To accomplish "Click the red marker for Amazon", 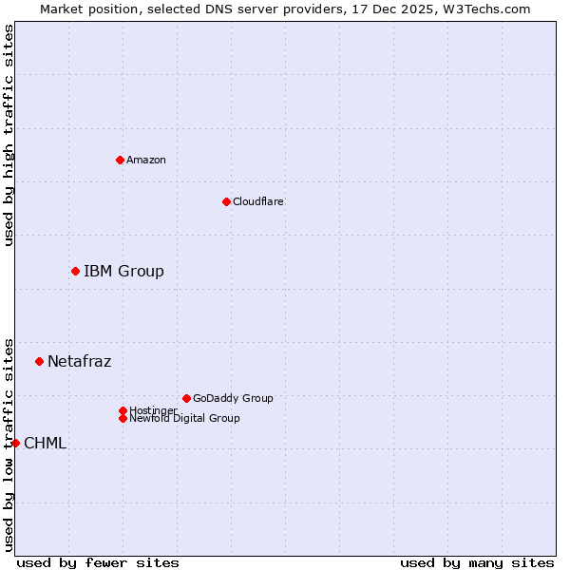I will pyautogui.click(x=120, y=160).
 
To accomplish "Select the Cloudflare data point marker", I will pyautogui.click(x=226, y=201).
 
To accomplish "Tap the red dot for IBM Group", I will pyautogui.click(x=75, y=271).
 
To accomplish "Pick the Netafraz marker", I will pyautogui.click(x=39, y=361).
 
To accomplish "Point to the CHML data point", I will pyautogui.click(x=15, y=443).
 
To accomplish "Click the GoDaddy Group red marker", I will pyautogui.click(x=186, y=398).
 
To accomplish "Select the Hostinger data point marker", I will pyautogui.click(x=123, y=410).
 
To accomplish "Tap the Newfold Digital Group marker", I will pyautogui.click(x=123, y=418).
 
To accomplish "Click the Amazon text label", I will pyautogui.click(x=145, y=160).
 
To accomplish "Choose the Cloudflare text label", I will pyautogui.click(x=257, y=201).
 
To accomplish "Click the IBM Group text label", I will pyautogui.click(x=123, y=271).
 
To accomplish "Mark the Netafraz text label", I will pyautogui.click(x=79, y=361).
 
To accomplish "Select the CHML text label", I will pyautogui.click(x=45, y=443).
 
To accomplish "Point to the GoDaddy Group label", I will pyautogui.click(x=233, y=398).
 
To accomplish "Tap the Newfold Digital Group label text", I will pyautogui.click(x=184, y=418).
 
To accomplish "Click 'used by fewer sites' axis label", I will pyautogui.click(x=98, y=562).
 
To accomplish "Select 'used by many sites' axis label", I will pyautogui.click(x=477, y=562).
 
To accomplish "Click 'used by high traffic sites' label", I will pyautogui.click(x=9, y=135).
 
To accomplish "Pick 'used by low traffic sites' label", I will pyautogui.click(x=9, y=443).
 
